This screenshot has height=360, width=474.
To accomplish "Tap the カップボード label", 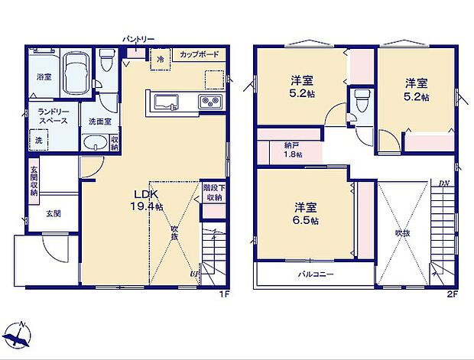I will (x=200, y=55).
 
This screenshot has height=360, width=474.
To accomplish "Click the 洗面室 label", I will (x=97, y=122).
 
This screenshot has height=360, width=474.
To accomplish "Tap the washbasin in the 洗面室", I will (x=95, y=142).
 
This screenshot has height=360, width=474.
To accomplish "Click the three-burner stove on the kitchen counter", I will (x=209, y=103).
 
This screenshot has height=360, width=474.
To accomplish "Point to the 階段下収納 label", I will (x=213, y=192).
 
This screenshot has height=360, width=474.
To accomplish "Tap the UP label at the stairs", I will (x=193, y=274).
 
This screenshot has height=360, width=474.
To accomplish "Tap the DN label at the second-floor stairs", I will (x=443, y=183).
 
